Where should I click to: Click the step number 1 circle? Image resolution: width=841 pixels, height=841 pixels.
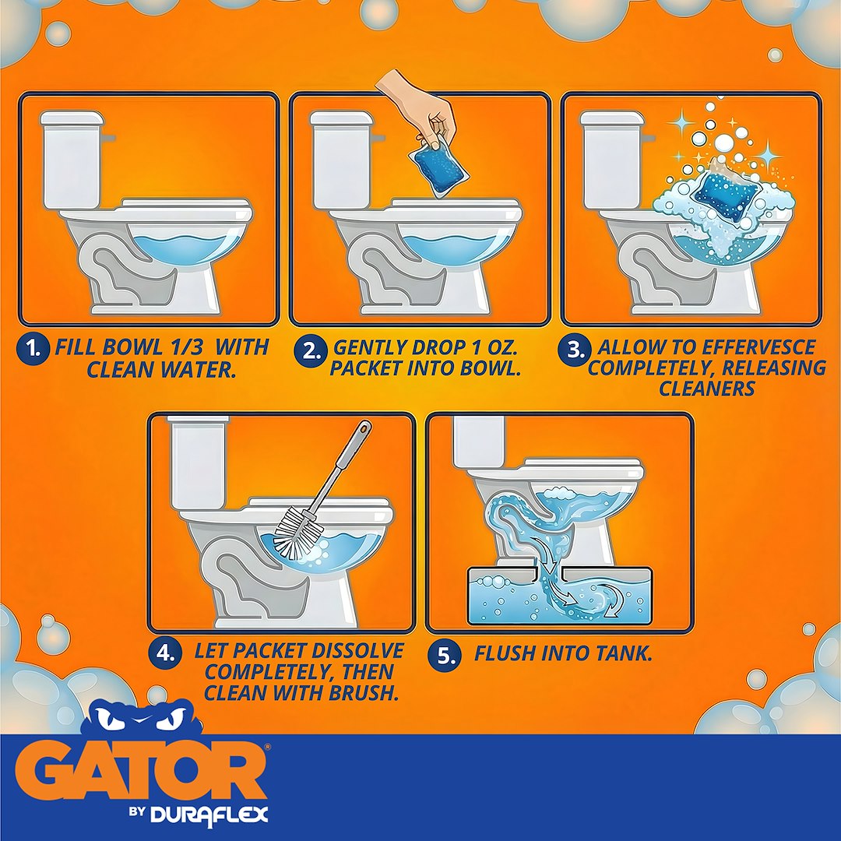(x=33, y=349)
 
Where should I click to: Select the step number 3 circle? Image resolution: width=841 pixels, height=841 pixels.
(x=574, y=349)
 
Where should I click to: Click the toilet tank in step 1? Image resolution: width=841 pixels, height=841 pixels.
(x=72, y=160)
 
